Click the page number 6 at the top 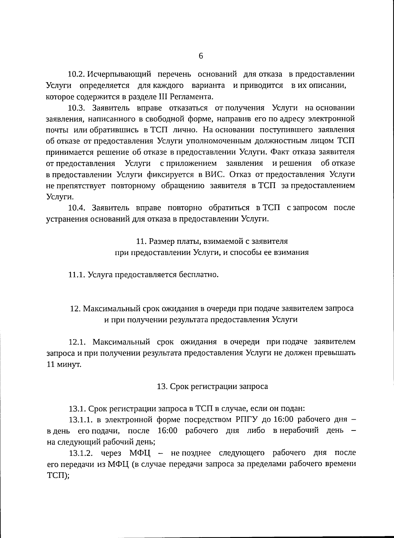click(201, 56)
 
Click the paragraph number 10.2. click(77, 74)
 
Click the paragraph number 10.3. click(77, 108)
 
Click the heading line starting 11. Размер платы click(212, 241)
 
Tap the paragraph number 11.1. click(77, 274)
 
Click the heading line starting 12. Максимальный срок click(212, 309)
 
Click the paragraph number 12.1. click(77, 342)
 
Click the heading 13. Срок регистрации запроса click(212, 386)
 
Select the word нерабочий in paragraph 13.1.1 click(302, 431)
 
